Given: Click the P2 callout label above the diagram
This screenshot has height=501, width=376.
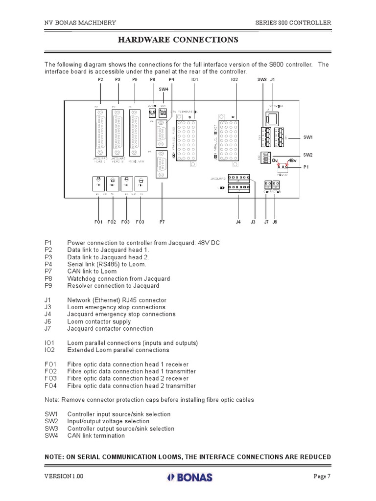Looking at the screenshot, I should point(100,79).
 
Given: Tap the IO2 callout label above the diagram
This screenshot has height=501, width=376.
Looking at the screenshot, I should point(234,79).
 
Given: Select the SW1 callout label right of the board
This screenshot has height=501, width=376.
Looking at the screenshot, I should point(307,137).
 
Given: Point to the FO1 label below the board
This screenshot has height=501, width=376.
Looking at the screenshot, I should point(98,222).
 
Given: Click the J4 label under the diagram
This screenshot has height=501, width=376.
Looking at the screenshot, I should point(238,222).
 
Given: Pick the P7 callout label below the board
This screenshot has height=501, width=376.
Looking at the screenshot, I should point(163,222).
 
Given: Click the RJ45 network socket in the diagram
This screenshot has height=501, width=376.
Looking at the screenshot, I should point(272,118).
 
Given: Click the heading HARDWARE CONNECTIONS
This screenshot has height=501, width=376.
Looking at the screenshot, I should point(178,40).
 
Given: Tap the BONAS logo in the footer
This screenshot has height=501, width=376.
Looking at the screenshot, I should point(188,478).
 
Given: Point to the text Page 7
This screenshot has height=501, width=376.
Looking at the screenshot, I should point(322,477).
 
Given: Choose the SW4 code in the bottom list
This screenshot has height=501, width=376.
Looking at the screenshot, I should point(51,435).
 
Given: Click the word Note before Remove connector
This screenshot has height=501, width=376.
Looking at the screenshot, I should point(52,400).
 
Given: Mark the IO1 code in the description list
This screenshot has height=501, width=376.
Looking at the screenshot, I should point(50,343).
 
